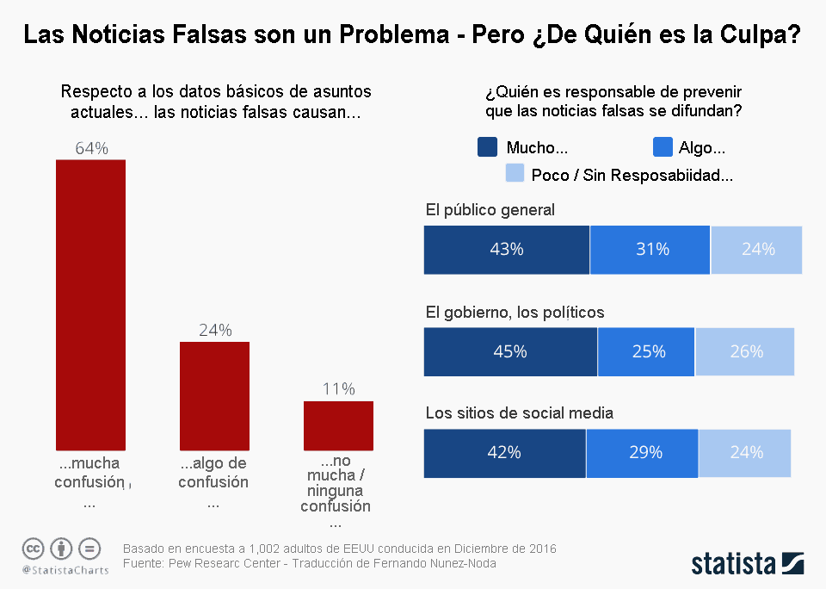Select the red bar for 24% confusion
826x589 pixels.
[x=214, y=395]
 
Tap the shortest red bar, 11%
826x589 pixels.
[x=338, y=425]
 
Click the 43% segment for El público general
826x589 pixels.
[x=507, y=250]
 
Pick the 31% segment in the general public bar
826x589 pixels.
[x=650, y=250]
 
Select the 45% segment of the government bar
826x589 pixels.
[x=510, y=352]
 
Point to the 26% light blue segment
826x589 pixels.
[x=745, y=352]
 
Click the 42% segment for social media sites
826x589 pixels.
[x=505, y=453]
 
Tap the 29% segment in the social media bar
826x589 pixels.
[x=643, y=453]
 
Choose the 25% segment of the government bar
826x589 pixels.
[x=646, y=352]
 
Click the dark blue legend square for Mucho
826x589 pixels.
[x=487, y=147]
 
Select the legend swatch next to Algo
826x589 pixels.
[x=663, y=147]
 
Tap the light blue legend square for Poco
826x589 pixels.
[x=515, y=174]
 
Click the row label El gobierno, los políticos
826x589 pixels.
[x=515, y=313]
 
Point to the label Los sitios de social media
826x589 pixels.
[x=520, y=413]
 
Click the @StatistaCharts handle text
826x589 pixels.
[x=65, y=570]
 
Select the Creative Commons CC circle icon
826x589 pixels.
[x=33, y=548]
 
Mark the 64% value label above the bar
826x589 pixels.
[x=91, y=148]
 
